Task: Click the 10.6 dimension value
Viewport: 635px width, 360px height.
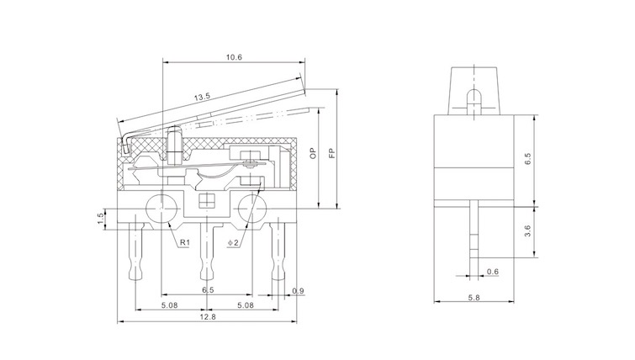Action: [234, 57]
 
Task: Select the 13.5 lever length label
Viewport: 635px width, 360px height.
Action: [202, 98]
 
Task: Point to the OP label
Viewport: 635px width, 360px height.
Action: [313, 154]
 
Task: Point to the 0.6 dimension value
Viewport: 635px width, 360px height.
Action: [493, 271]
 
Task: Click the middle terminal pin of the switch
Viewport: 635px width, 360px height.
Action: [205, 252]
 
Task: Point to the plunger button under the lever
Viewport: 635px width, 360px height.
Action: [174, 140]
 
